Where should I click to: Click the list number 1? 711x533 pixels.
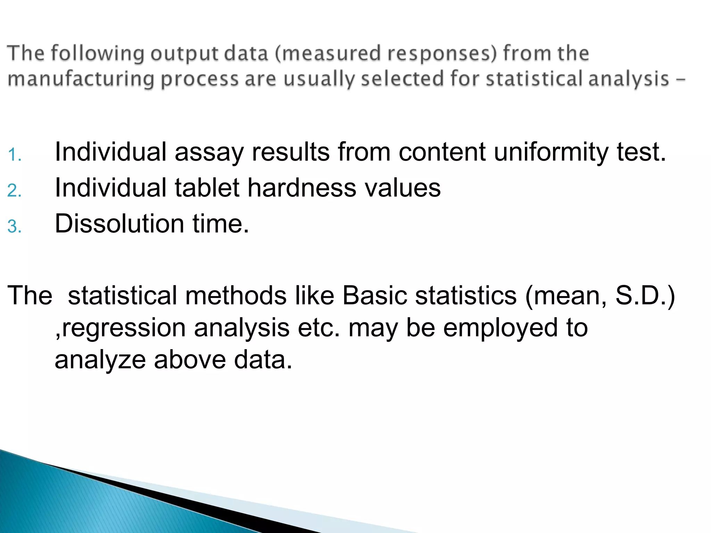[x=14, y=155]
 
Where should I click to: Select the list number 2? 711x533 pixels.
[x=14, y=191]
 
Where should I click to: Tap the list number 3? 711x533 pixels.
[x=14, y=227]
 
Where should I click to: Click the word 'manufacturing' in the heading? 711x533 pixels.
[x=81, y=79]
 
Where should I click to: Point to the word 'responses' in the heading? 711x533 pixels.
[x=442, y=53]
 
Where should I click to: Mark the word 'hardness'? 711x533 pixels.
[x=301, y=188]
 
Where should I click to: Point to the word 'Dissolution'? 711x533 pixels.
[x=119, y=223]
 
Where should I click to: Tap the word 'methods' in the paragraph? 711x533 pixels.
[x=236, y=296]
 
